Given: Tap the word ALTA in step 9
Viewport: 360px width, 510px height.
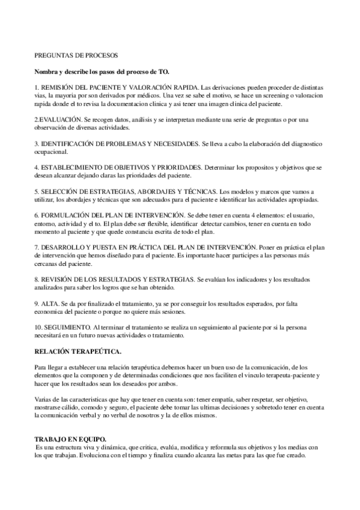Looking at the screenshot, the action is point(49,303).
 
